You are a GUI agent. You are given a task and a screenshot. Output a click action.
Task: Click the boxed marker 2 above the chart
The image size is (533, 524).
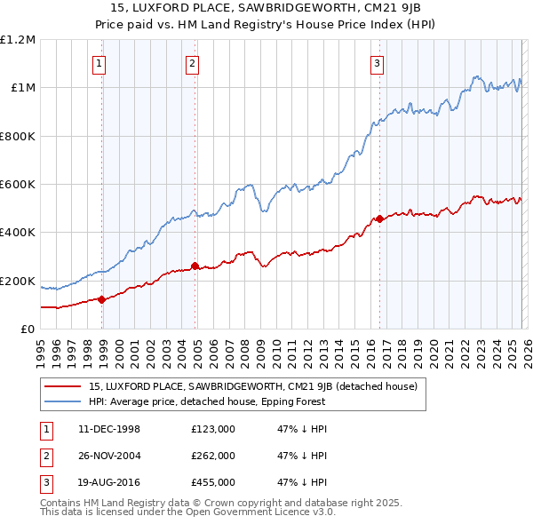click(x=192, y=63)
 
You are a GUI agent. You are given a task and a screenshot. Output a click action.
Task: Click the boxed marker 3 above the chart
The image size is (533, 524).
click(x=377, y=63)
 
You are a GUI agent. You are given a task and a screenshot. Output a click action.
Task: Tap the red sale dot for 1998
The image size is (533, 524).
click(x=102, y=299)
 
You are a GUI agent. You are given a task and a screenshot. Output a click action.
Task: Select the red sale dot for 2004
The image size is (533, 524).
click(x=195, y=266)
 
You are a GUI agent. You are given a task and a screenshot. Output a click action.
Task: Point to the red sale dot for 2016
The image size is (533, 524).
click(x=379, y=218)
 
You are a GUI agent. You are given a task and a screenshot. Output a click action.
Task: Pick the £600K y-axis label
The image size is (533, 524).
click(x=18, y=185)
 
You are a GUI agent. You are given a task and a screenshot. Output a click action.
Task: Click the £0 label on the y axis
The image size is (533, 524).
click(x=28, y=329)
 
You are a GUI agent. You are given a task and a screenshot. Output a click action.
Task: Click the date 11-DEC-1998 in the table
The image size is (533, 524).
click(x=109, y=429)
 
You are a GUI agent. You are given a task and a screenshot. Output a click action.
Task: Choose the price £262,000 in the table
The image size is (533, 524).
click(x=212, y=456)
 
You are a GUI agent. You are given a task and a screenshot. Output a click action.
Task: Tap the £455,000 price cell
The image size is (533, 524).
click(x=212, y=482)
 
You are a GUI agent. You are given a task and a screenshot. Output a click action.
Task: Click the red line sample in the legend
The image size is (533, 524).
click(x=62, y=386)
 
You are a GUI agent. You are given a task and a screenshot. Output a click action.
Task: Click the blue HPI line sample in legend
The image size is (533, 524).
click(x=62, y=401)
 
